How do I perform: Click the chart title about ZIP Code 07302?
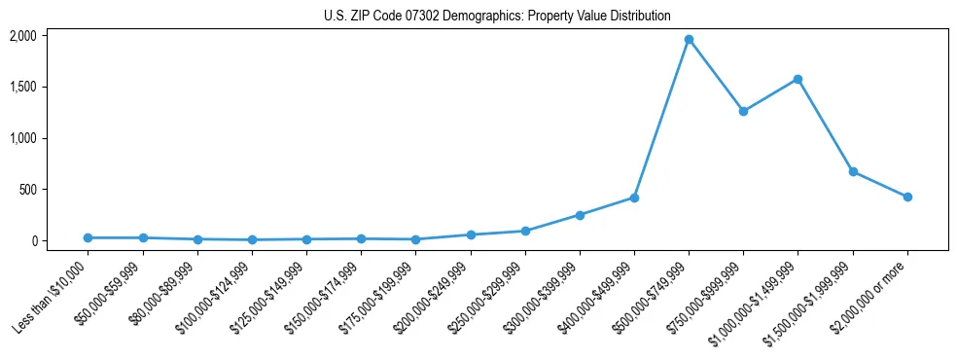coord(497,17)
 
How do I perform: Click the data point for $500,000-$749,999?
coord(689,40)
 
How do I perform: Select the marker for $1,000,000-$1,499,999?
coord(797,79)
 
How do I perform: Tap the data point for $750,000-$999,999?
coord(743,111)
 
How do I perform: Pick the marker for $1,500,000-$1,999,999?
coord(853,171)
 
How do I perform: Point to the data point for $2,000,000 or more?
coord(907,197)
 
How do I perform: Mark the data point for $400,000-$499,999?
coord(634,198)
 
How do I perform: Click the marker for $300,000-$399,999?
coord(580,215)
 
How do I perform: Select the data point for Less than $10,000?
coord(89,237)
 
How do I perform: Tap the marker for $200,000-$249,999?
coord(471,234)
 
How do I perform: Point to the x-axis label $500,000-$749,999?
coord(652,295)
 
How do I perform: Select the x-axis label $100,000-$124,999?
coord(216,295)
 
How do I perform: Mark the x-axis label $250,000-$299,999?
coord(488,295)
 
